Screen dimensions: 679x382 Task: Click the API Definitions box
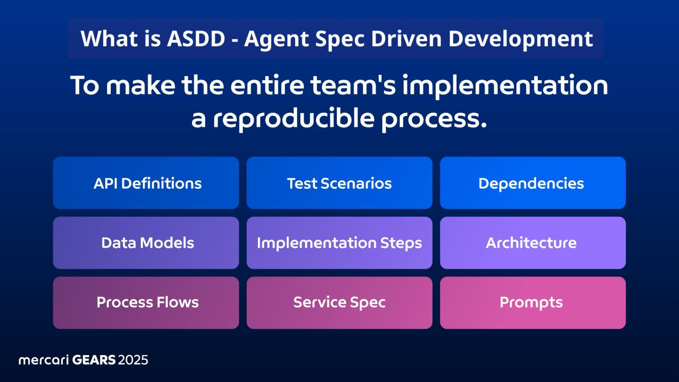[146, 183]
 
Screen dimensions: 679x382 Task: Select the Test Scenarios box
[339, 183]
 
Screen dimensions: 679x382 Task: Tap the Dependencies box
[533, 183]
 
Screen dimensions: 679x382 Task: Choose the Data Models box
[146, 242]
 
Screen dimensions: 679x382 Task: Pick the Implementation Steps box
[339, 242]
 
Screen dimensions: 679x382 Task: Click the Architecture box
[533, 242]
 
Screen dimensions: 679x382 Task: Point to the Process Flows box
[146, 303]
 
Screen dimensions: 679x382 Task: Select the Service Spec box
[339, 303]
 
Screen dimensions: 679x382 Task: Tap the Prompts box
[533, 303]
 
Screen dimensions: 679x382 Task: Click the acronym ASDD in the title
[196, 39]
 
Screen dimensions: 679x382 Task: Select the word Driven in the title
[406, 39]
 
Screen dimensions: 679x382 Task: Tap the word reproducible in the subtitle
[293, 119]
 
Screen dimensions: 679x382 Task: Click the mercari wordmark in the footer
[43, 360]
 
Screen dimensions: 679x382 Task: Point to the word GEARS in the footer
[94, 360]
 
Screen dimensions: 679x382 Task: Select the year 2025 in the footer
[133, 360]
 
